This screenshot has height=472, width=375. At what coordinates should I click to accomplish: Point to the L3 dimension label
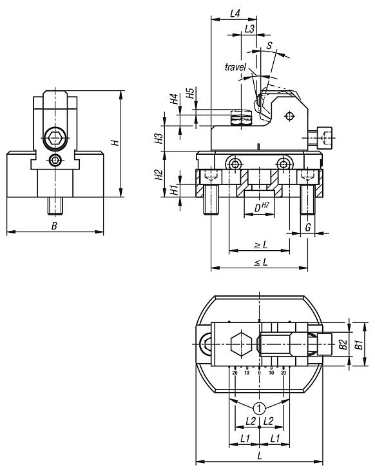[249, 29]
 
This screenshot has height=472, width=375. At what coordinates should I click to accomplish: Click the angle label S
[269, 45]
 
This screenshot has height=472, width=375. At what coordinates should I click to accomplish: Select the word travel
[235, 67]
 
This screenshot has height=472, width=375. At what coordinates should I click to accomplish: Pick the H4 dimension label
[173, 99]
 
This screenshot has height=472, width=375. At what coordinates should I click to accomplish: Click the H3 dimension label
[158, 137]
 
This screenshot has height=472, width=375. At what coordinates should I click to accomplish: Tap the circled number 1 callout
[259, 408]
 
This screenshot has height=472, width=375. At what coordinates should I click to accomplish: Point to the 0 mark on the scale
[259, 373]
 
